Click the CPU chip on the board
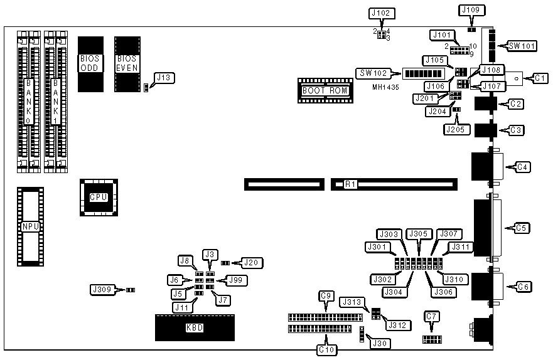pyautogui.click(x=99, y=197)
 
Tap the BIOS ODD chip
pyautogui.click(x=90, y=63)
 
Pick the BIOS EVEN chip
pyautogui.click(x=127, y=63)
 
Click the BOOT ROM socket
pyautogui.click(x=325, y=90)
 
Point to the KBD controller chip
pyautogui.click(x=195, y=328)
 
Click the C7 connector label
pyautogui.click(x=431, y=316)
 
